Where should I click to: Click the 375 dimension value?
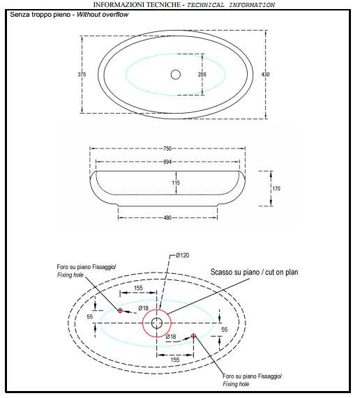point(82,75)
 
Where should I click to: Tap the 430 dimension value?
point(266,75)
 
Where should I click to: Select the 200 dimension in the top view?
point(202,75)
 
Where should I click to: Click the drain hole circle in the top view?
point(176,75)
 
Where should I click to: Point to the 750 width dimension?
point(167,148)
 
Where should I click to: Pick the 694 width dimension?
point(167,162)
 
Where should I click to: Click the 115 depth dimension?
point(176,183)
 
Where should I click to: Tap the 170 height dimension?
point(276,189)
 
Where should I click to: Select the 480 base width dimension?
point(167,217)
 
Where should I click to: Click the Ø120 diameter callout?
point(182,255)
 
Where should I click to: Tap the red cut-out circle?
point(143,323)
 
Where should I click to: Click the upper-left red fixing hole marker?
point(120,310)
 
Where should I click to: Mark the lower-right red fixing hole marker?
point(193,336)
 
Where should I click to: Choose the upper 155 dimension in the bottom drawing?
point(138,288)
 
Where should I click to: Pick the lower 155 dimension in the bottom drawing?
point(175,360)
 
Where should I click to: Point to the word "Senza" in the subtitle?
point(20,15)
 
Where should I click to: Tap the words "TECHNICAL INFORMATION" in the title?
point(231,5)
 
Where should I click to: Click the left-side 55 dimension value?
point(90,316)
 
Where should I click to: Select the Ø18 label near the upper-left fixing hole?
point(144,308)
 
